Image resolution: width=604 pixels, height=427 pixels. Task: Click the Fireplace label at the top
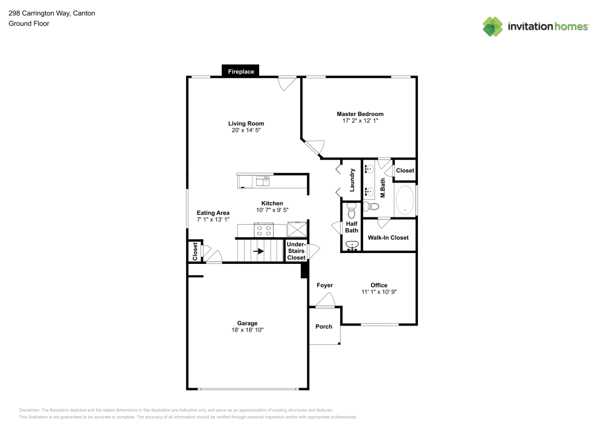coord(241,72)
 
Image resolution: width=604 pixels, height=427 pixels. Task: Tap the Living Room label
coord(246,124)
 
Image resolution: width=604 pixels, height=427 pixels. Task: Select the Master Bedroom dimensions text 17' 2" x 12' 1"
coord(360,121)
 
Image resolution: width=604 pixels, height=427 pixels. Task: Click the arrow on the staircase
coord(258,251)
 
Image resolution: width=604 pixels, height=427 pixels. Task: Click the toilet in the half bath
coord(352,208)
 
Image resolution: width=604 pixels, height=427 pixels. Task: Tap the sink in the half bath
coord(352,245)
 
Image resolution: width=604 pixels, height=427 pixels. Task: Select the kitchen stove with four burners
coord(264,230)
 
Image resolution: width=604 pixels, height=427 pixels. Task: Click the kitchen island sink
coord(262,181)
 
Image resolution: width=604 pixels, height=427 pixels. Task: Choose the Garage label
coord(247,323)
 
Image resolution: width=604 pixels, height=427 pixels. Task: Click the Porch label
coord(324,327)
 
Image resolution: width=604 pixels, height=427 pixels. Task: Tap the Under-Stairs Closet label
coord(296,251)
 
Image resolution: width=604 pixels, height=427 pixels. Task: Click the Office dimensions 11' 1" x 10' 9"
coord(379,292)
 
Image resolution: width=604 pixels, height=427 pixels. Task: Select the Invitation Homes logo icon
coord(492,26)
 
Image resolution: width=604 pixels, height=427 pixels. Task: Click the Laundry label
coord(352,179)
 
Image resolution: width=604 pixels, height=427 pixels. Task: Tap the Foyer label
coord(324,285)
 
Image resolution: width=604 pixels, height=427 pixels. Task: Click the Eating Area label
coord(213,213)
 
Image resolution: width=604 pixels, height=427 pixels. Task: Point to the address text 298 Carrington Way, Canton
coord(51,13)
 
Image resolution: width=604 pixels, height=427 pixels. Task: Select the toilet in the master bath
coord(373,207)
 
